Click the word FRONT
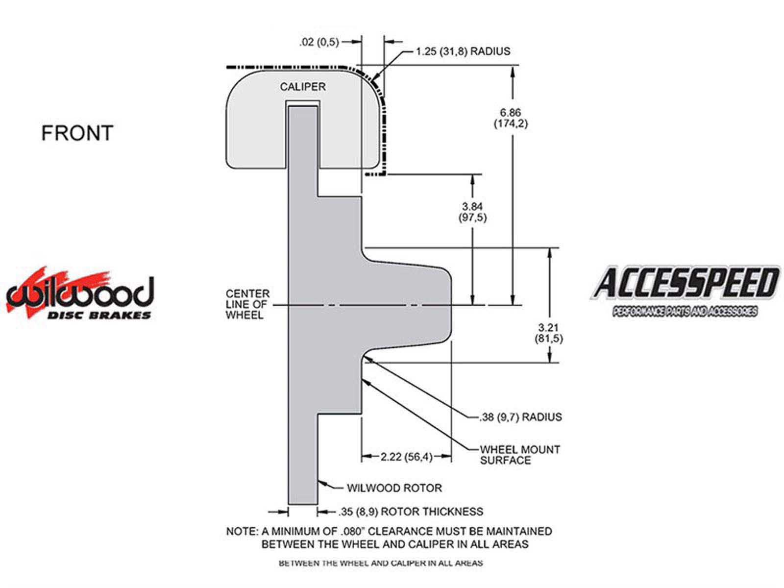(77, 133)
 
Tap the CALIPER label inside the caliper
(302, 87)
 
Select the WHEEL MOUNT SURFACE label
(520, 455)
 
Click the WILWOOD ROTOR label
(394, 488)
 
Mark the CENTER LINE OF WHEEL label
(247, 304)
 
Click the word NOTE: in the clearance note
(242, 531)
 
